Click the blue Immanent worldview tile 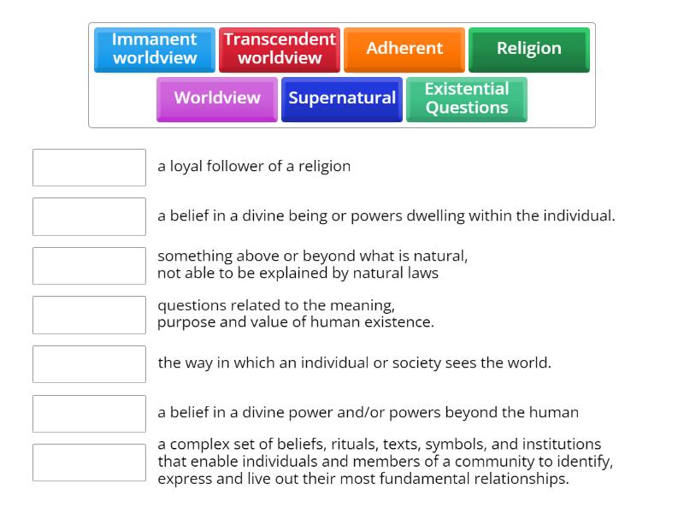click(154, 49)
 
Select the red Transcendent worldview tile click(280, 49)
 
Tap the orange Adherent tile click(404, 49)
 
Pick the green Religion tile click(529, 49)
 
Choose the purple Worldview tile click(217, 98)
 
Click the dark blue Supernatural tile click(342, 98)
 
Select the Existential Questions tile click(467, 98)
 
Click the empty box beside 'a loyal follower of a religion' click(89, 168)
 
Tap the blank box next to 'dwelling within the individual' click(89, 216)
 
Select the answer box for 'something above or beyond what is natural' click(89, 266)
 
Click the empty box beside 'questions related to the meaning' click(89, 315)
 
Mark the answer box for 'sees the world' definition click(89, 364)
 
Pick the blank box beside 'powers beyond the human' click(89, 413)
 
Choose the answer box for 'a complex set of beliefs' click(89, 463)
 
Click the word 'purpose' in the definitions click(184, 322)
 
